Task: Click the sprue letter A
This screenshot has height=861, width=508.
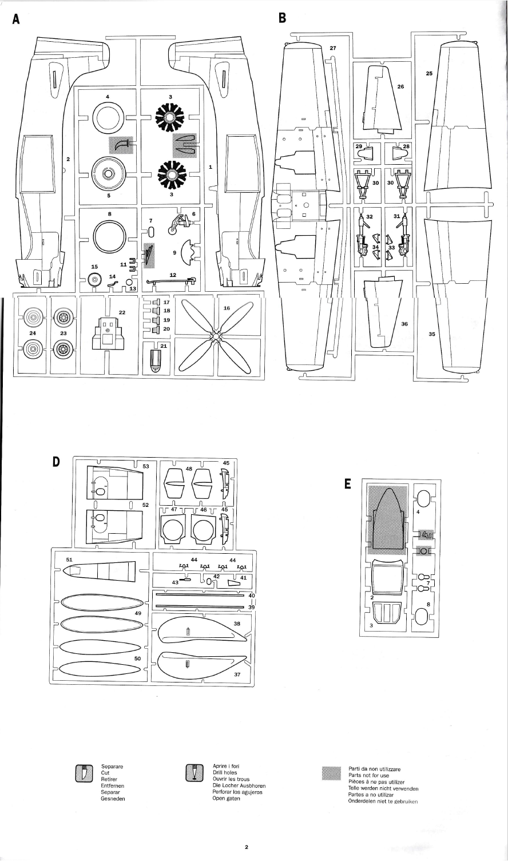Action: coord(16,19)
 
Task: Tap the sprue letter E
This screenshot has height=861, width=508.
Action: coord(348,484)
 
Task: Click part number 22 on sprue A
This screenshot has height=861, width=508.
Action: coord(122,312)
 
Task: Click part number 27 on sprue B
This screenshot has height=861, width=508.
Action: coord(334,49)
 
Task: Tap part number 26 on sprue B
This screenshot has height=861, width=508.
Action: coord(400,87)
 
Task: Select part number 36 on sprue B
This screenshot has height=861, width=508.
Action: coord(404,324)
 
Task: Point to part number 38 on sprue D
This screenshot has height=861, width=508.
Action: coord(237,624)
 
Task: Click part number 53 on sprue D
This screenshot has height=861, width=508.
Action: coord(145,466)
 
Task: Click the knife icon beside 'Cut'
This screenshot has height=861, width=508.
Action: coord(84,773)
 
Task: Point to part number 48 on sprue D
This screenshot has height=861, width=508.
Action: coord(189,469)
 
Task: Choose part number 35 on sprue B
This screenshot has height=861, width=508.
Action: coord(431,335)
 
